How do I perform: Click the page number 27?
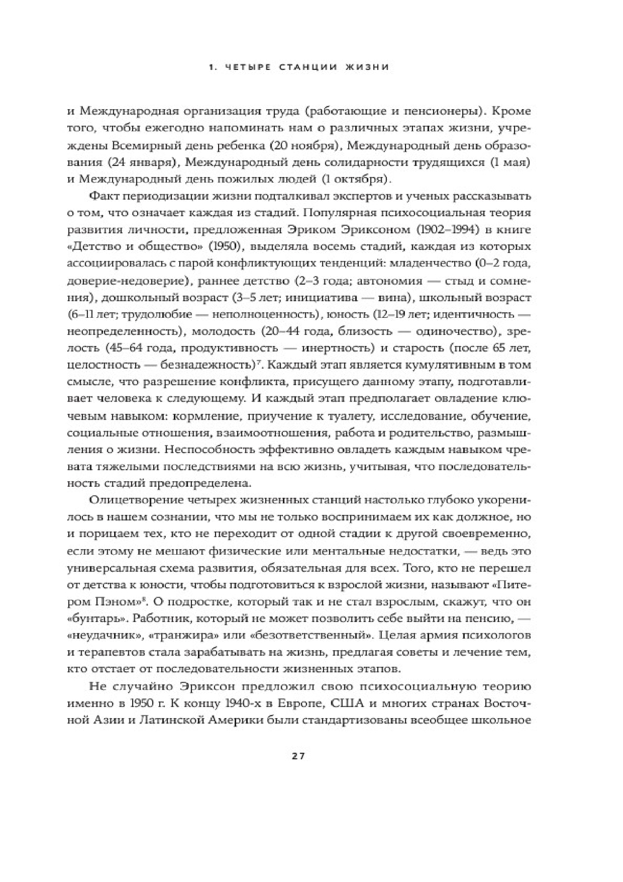click(x=297, y=756)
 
